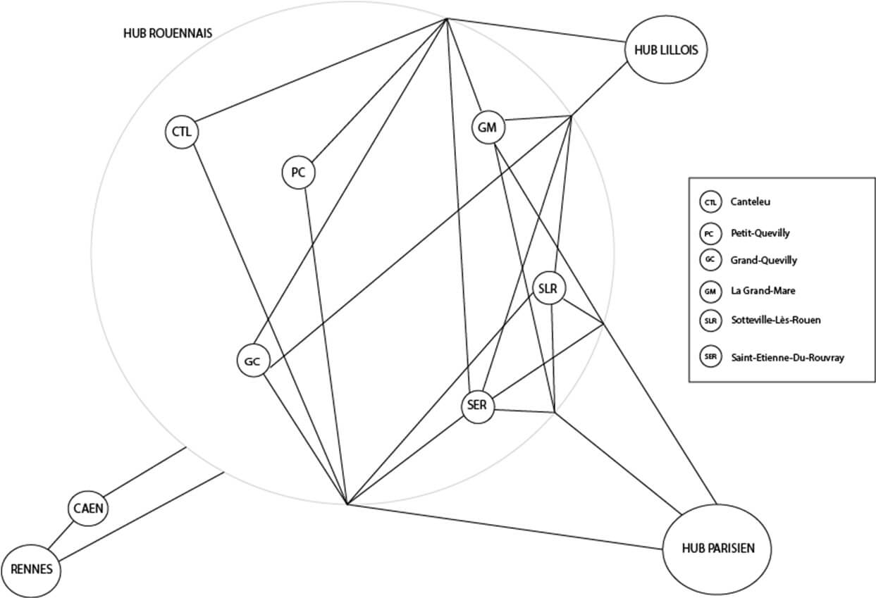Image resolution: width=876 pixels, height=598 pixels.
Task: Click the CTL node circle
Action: click(182, 132)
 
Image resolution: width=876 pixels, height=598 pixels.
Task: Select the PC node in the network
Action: click(298, 173)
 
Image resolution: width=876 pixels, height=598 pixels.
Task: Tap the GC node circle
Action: click(252, 361)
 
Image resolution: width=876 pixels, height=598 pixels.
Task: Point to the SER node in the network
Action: click(479, 406)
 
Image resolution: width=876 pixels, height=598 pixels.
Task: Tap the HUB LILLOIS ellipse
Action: click(665, 50)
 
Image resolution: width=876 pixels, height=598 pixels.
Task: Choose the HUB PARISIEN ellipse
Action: click(717, 548)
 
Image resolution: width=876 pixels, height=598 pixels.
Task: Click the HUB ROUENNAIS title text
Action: click(168, 33)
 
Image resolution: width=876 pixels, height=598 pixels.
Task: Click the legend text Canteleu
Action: click(751, 202)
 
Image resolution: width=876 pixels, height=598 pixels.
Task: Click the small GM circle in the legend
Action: click(710, 290)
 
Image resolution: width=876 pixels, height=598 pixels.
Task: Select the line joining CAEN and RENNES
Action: click(61, 537)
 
